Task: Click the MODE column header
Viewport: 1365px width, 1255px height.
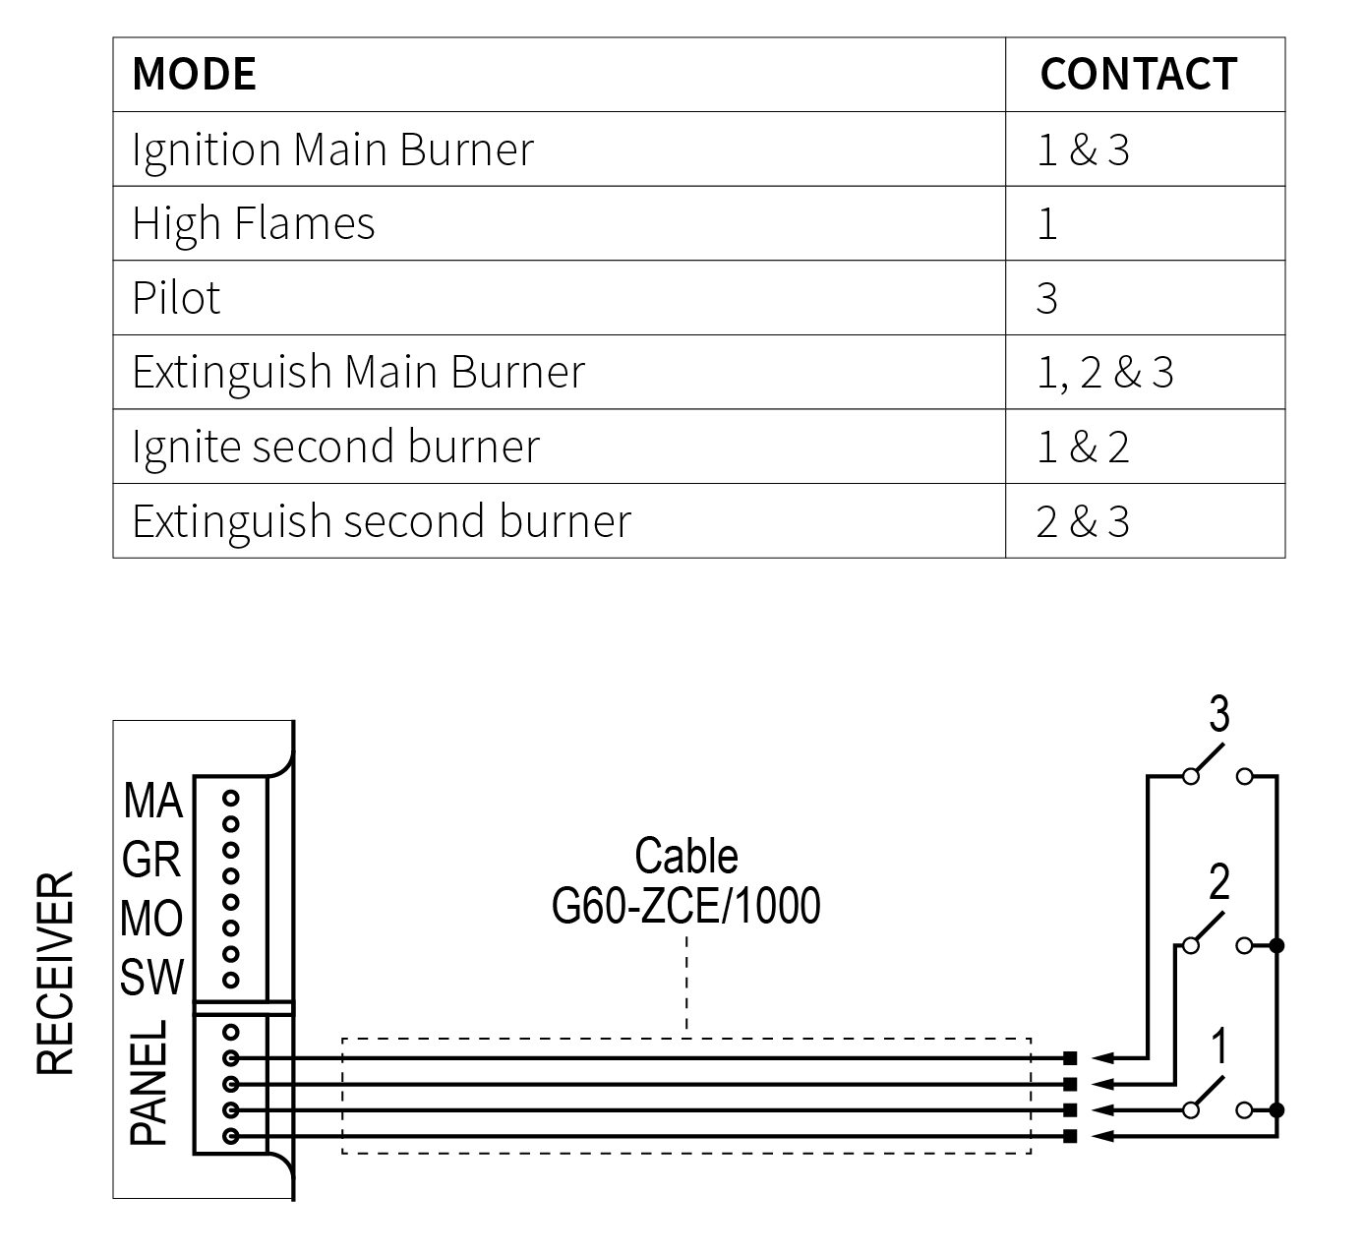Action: coord(194,75)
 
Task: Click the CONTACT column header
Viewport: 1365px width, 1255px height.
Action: coord(1138,75)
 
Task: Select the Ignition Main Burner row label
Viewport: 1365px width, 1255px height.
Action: coord(332,149)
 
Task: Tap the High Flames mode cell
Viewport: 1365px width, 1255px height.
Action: coord(254,223)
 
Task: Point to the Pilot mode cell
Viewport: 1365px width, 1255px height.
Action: coord(177,298)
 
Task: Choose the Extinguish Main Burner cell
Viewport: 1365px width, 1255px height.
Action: coord(358,372)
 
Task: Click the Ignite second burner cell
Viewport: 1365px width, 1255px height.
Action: coord(335,447)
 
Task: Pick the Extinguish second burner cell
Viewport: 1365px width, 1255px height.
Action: coord(382,521)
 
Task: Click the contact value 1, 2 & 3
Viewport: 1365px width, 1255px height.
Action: coord(1105,373)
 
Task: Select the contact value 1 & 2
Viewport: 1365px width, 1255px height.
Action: coord(1083,448)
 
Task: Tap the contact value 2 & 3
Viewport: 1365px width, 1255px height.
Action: coord(1083,522)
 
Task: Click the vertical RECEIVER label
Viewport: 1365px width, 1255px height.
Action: coord(56,973)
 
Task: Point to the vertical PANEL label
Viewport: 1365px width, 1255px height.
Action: coord(149,1082)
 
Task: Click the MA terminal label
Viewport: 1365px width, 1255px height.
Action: coord(152,801)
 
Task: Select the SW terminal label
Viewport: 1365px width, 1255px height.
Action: coord(152,977)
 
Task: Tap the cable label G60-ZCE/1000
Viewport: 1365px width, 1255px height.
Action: coord(685,906)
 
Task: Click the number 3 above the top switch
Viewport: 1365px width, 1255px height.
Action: coord(1218,715)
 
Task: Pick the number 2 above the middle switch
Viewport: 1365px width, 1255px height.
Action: coord(1218,883)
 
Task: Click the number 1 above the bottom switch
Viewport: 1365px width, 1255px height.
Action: coord(1218,1047)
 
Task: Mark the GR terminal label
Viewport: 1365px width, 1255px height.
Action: coord(152,861)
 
